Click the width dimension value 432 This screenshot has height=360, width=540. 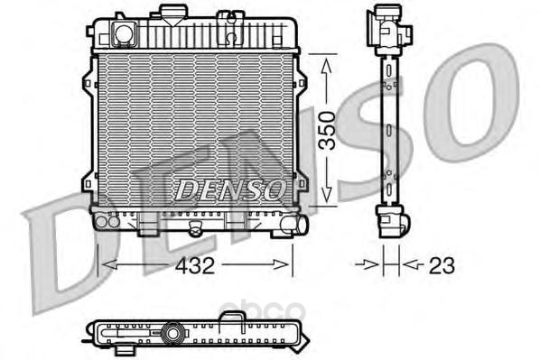click(195, 265)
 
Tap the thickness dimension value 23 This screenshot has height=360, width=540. click(442, 265)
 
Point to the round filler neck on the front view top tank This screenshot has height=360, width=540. click(123, 34)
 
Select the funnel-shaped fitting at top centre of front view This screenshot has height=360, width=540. click(169, 14)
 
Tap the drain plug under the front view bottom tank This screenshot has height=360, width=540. click(192, 232)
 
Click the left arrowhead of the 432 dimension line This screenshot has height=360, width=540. click(103, 264)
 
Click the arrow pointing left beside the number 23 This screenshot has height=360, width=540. click(407, 264)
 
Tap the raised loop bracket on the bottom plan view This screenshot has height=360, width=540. click(233, 316)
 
